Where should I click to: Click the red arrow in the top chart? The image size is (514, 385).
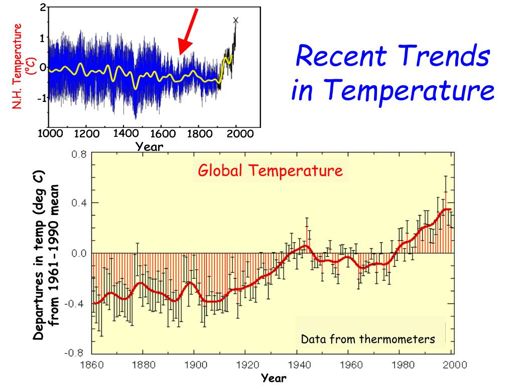coord(189,32)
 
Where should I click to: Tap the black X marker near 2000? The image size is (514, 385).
coord(236,20)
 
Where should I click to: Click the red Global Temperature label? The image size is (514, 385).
coord(271,170)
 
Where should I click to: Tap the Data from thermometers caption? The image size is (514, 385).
coord(368,339)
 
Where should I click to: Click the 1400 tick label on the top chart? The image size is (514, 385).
coord(126,133)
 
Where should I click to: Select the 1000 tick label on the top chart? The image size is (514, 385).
coord(51,133)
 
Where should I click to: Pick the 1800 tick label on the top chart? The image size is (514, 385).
coord(200,133)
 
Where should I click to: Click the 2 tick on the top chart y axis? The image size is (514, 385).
coord(43,7)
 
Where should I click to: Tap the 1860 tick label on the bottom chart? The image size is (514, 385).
coord(92,365)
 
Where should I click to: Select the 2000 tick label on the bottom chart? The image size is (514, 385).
coord(455,365)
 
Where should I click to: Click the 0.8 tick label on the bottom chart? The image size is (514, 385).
coord(79,154)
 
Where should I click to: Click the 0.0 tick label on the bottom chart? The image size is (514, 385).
coord(79,253)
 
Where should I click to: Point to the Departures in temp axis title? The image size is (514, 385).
coord(46,255)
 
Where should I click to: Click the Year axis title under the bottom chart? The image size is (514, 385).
coord(274,378)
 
